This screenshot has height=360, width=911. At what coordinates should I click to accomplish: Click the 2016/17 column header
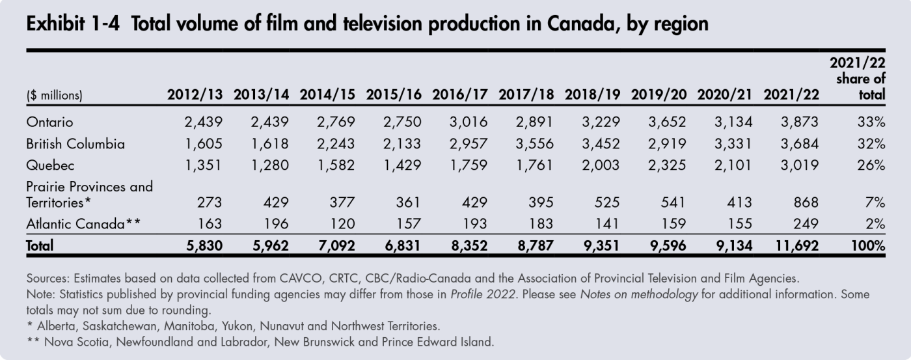tap(459, 95)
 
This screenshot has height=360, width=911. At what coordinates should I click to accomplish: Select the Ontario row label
tap(49, 122)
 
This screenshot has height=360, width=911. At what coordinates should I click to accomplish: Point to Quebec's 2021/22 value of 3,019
tap(798, 164)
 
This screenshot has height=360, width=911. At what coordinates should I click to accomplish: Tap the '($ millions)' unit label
tap(55, 96)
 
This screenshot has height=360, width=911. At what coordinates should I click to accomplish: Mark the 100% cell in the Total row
tap(867, 245)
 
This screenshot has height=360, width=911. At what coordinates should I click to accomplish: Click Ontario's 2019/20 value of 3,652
tap(664, 122)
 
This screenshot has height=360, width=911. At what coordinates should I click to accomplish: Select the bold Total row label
tap(40, 245)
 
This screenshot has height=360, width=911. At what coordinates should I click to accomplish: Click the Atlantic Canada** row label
tap(83, 224)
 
